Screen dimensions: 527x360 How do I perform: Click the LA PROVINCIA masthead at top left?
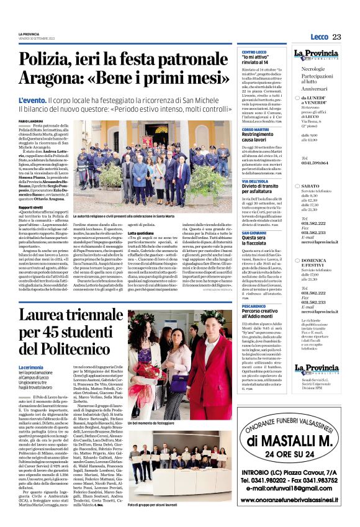pos(30,34)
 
